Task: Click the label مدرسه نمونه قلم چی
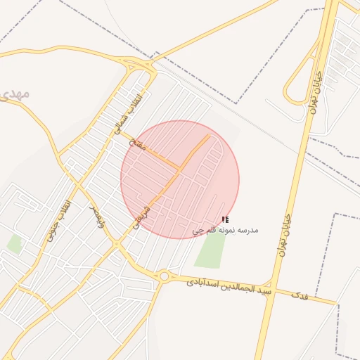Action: pos(226,230)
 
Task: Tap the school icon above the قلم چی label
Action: pos(225,220)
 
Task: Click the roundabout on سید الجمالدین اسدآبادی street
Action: pos(165,276)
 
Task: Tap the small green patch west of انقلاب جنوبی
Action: pos(14,244)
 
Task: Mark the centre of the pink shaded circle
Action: pos(180,179)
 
